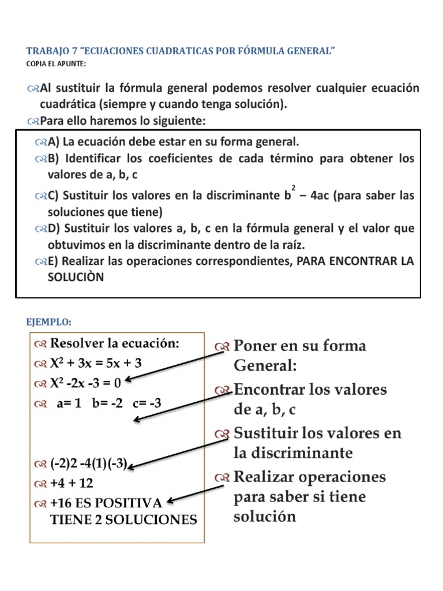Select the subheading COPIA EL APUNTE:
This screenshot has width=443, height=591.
pyautogui.click(x=56, y=63)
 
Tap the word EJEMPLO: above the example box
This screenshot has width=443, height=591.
pyautogui.click(x=50, y=321)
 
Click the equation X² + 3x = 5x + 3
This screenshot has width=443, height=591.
pyautogui.click(x=96, y=363)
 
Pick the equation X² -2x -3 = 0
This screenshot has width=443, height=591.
pyautogui.click(x=87, y=383)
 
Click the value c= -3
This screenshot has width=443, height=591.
pyautogui.click(x=147, y=403)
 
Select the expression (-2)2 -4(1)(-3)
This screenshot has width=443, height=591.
pyautogui.click(x=88, y=463)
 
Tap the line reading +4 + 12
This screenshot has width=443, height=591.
pyautogui.click(x=72, y=482)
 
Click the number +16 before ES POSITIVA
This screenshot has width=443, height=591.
pyautogui.click(x=61, y=502)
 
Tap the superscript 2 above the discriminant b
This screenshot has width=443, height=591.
pyautogui.click(x=294, y=188)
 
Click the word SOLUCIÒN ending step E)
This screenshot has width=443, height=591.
pyautogui.click(x=76, y=276)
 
